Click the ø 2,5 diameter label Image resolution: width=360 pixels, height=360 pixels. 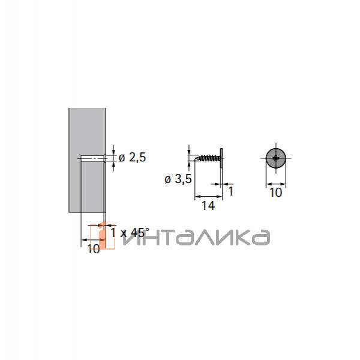pos(132,158)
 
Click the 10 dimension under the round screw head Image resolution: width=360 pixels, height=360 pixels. pos(275,192)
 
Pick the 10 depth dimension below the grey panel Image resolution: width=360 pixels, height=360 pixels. pos(93,249)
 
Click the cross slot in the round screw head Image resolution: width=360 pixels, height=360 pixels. pos(276,159)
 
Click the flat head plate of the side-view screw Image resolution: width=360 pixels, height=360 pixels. pos(221,158)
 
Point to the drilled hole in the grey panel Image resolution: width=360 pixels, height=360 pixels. pos(92,159)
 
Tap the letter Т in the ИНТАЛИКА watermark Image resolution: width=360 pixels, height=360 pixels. pos(161,237)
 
